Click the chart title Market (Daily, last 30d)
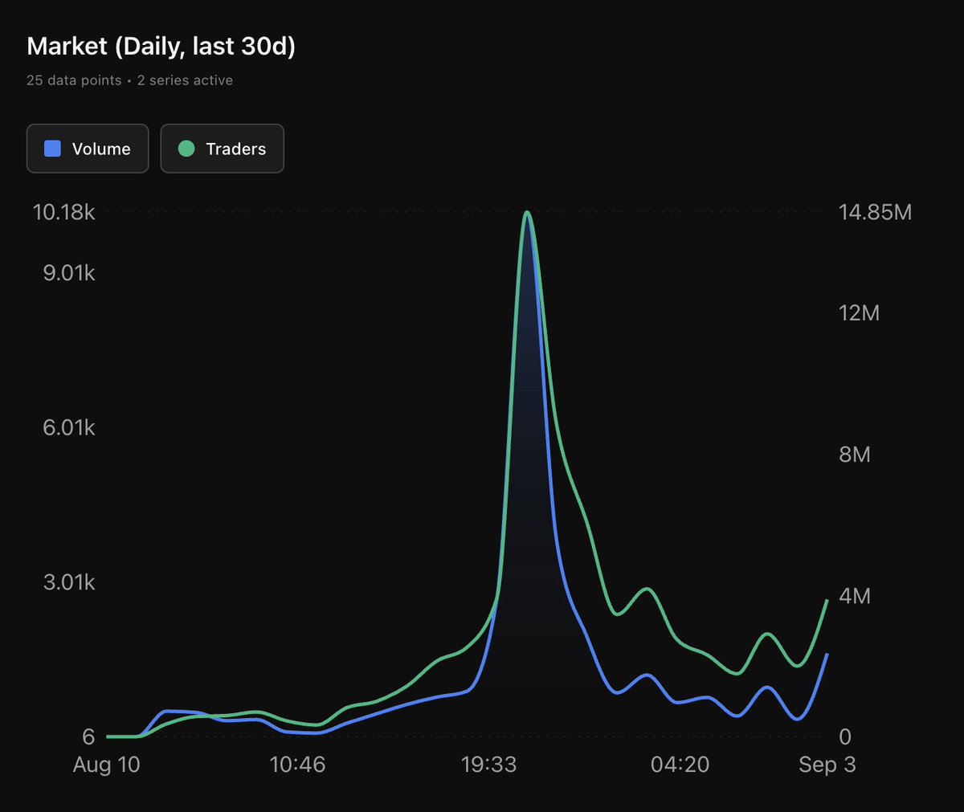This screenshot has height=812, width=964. tap(161, 47)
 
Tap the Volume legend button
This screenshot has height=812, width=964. tap(88, 149)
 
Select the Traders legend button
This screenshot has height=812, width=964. tap(222, 149)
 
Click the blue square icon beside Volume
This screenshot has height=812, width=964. tap(52, 149)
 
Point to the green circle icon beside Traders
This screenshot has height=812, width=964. tap(186, 149)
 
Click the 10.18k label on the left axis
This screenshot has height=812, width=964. tap(63, 212)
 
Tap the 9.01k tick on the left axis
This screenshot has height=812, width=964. tap(68, 273)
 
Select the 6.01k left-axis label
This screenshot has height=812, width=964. tap(68, 427)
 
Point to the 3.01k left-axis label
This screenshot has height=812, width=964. tap(68, 582)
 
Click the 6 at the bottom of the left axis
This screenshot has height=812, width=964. tap(88, 737)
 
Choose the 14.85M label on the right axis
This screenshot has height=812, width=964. tap(875, 212)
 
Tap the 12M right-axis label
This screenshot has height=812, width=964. tap(859, 313)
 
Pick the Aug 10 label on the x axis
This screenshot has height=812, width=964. tap(106, 765)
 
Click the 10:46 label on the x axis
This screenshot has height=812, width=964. tap(297, 765)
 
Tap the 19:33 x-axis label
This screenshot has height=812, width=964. tap(488, 765)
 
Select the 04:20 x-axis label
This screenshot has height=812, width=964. tap(680, 765)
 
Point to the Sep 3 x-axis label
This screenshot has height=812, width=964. tap(827, 765)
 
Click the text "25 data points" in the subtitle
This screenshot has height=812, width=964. tap(74, 80)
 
